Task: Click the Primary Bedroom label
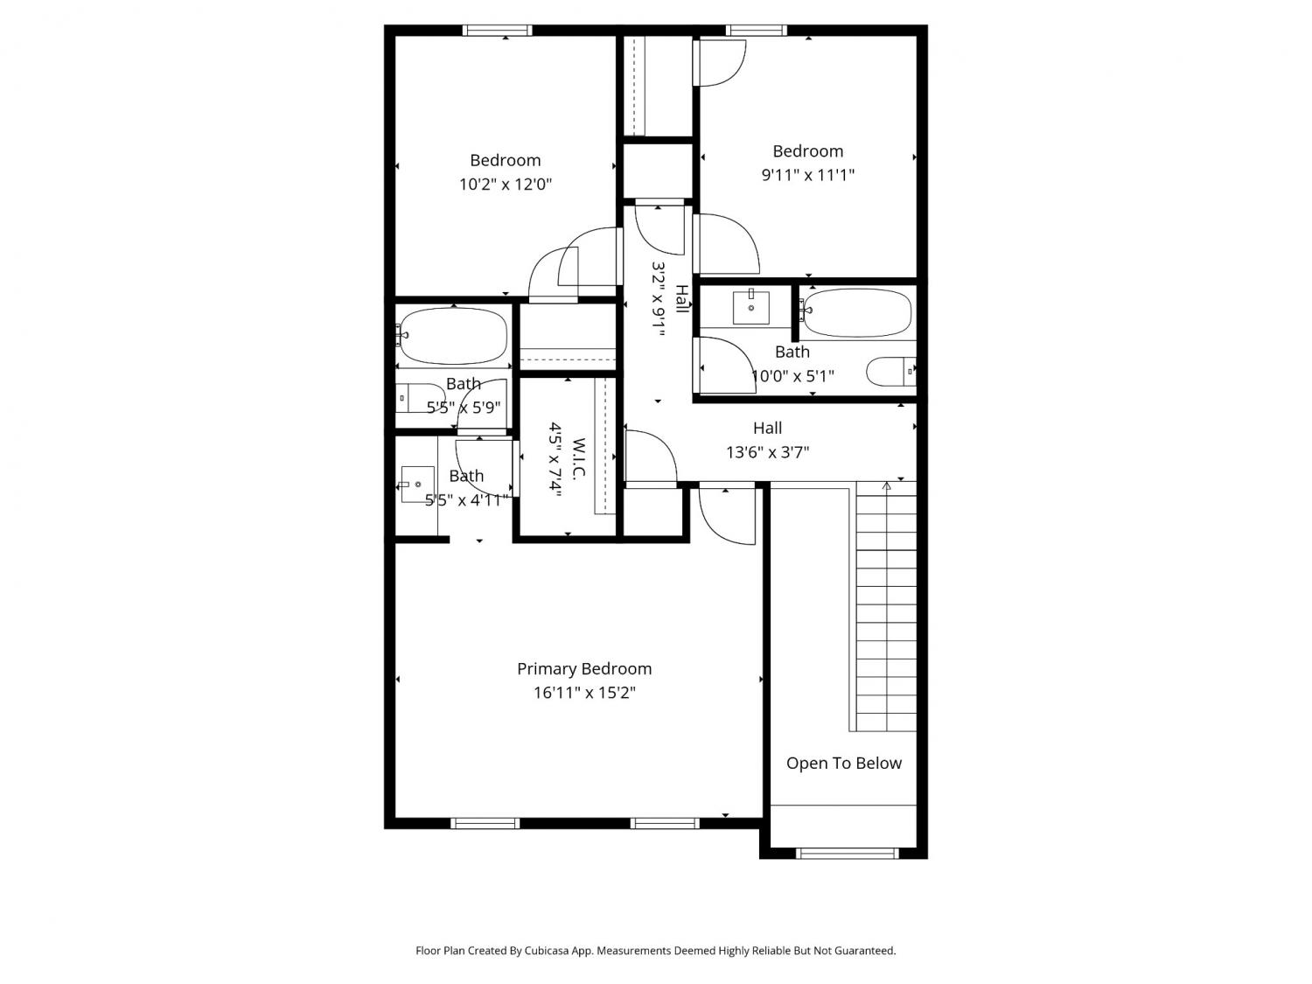coord(584,669)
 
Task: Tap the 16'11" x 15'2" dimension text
coord(584,693)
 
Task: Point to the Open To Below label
coord(843,763)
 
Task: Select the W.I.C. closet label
coord(578,457)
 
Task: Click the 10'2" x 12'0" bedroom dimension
coord(505,184)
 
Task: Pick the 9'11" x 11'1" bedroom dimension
coord(807,175)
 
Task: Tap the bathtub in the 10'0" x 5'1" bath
coord(855,312)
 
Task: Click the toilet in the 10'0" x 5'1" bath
coord(890,372)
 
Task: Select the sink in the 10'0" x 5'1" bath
coord(751,306)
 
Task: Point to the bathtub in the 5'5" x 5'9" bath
coord(453,336)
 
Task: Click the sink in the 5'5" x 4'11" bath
coord(417,484)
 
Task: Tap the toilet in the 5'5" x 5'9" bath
coord(420,398)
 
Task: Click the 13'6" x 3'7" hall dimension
coord(767,452)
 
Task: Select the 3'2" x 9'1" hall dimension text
coord(658,299)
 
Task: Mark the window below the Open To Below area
coord(847,853)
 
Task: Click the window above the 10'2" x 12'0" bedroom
coord(497,31)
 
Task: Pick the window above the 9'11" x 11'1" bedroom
coord(756,31)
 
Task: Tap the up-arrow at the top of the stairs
coord(886,486)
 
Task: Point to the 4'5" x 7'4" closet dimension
coord(555,457)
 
